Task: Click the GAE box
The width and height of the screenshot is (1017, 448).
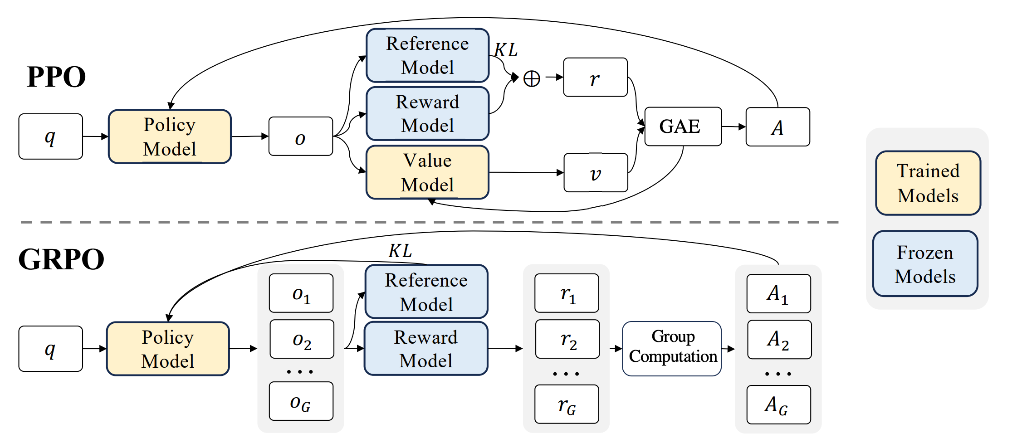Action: pos(683,127)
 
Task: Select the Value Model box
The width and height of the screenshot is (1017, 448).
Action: pos(427,172)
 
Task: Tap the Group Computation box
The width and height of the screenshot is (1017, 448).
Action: pos(672,348)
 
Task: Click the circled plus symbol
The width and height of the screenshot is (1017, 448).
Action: pos(532,78)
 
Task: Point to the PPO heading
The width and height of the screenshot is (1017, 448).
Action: pos(56,77)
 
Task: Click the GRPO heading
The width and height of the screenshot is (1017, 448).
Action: pos(61,259)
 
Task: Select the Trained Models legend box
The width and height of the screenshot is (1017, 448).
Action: pos(928,183)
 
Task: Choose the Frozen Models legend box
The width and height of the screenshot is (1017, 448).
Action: pos(925,264)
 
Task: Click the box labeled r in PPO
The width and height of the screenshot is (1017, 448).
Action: pos(595,78)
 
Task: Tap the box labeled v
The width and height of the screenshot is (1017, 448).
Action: pos(596,173)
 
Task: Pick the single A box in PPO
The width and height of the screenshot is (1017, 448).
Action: pos(777,127)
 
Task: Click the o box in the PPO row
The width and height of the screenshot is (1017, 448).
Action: pos(300,136)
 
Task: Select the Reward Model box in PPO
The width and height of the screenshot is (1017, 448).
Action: pos(427,113)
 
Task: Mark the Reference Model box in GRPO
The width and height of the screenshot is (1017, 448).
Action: pos(426,292)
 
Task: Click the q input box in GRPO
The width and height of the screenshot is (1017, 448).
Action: pos(50,349)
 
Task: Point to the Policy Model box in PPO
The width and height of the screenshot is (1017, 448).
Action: pos(170,136)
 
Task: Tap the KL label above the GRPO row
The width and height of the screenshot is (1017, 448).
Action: pos(400,251)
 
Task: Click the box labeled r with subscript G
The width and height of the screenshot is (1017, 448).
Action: pos(567,404)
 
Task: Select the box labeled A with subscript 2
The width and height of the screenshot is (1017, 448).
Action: pos(779,340)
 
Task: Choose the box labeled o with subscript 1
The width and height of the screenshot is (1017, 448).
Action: pos(301,293)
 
